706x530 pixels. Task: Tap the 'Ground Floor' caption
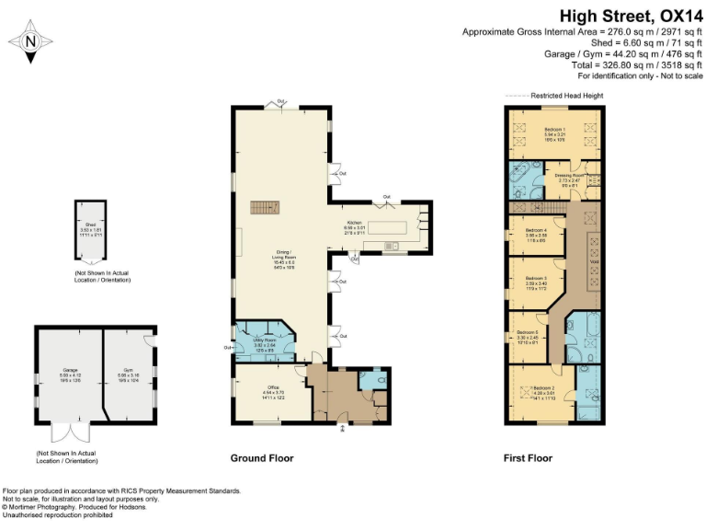(x=261, y=458)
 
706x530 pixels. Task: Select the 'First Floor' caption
(x=528, y=458)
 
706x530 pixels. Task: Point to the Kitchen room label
(x=355, y=229)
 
